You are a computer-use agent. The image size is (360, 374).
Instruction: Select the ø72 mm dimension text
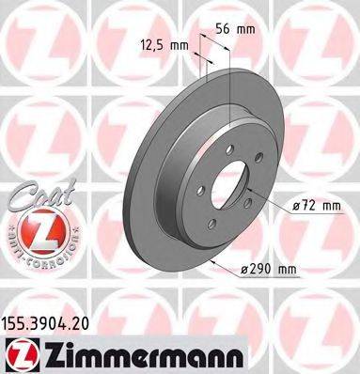314,205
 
